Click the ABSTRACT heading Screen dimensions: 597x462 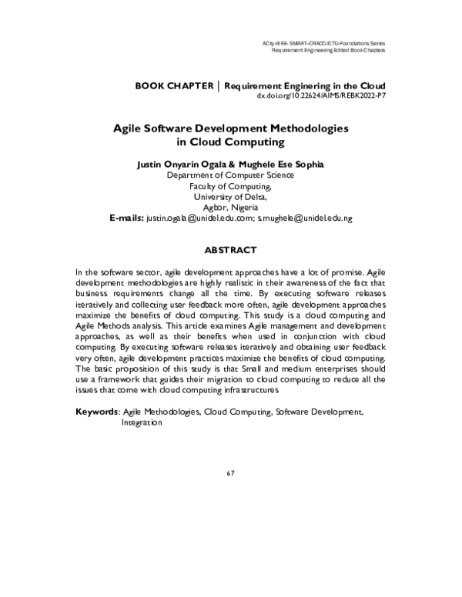coord(230,251)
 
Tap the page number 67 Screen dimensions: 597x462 coord(230,472)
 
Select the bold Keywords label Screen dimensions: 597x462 coord(96,412)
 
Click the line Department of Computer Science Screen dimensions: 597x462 coord(230,175)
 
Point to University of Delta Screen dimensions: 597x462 coord(230,196)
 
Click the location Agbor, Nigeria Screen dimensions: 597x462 coord(230,207)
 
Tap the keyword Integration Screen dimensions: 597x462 coord(142,423)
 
